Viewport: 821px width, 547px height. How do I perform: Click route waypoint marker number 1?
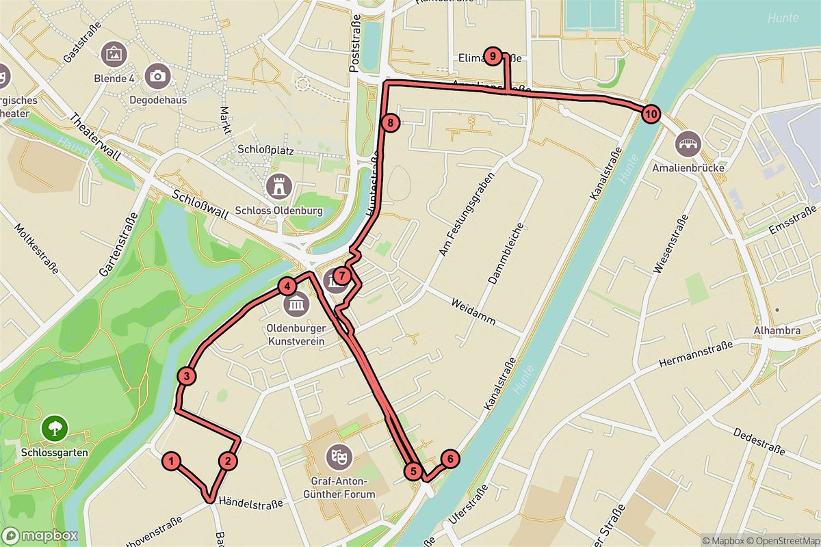[x=172, y=462]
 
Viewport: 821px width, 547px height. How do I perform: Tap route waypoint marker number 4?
[x=288, y=286]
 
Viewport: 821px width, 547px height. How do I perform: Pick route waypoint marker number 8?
[x=389, y=124]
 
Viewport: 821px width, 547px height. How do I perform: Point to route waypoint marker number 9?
[x=492, y=56]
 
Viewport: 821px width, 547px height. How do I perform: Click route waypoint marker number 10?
[x=650, y=114]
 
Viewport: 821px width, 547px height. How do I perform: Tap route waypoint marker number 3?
[x=186, y=376]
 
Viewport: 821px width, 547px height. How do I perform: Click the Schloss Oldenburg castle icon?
[x=279, y=185]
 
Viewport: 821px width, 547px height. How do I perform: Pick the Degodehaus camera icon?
[x=158, y=76]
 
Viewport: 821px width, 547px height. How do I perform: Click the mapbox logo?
[x=40, y=535]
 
